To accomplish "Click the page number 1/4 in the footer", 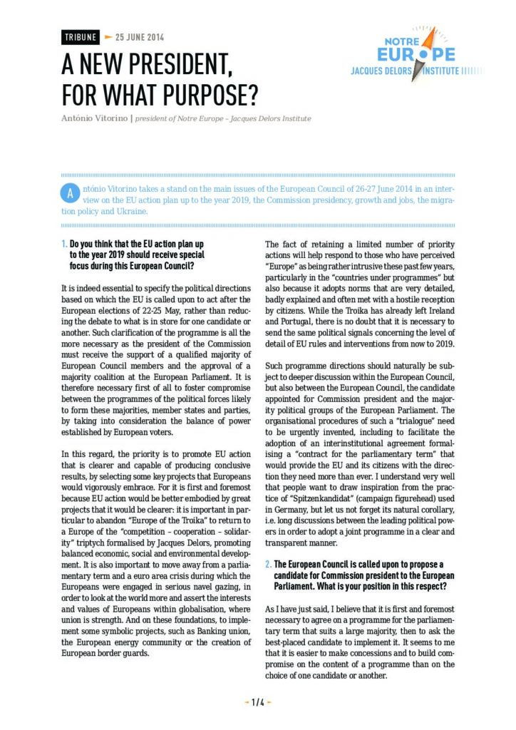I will pyautogui.click(x=258, y=702).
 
